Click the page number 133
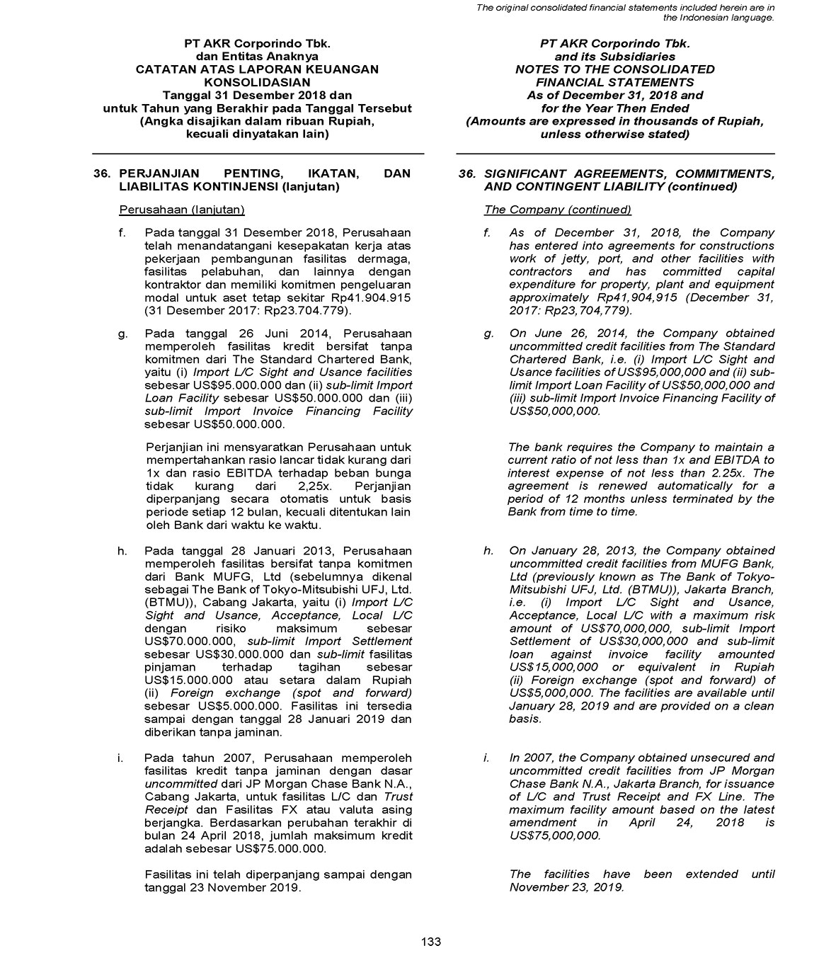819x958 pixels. tap(430, 942)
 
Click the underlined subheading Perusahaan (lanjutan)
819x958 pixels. tap(182, 210)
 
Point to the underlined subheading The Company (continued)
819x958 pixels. tap(557, 210)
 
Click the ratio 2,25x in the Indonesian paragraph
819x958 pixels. tap(316, 486)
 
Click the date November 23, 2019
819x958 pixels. tap(566, 887)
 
